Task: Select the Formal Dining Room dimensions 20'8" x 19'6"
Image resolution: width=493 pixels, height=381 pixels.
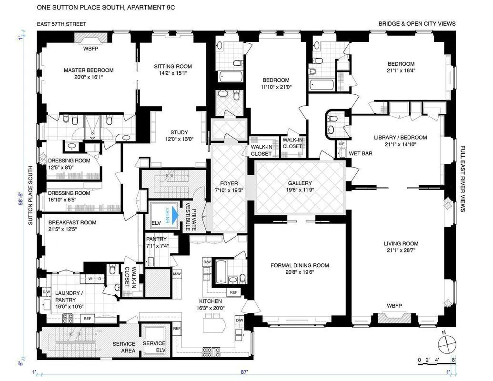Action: click(x=300, y=273)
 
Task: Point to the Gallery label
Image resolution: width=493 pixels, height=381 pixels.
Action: click(x=300, y=183)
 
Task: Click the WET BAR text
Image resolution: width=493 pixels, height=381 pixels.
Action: click(x=360, y=154)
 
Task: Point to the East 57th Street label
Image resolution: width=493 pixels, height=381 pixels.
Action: click(x=61, y=24)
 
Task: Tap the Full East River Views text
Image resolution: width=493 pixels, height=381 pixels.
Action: click(x=462, y=179)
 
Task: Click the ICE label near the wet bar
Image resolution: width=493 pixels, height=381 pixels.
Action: click(x=341, y=144)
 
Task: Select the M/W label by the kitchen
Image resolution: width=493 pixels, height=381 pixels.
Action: click(x=177, y=274)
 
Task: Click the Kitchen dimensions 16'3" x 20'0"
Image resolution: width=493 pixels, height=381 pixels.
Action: click(x=211, y=308)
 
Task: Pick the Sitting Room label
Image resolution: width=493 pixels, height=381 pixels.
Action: click(x=173, y=66)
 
